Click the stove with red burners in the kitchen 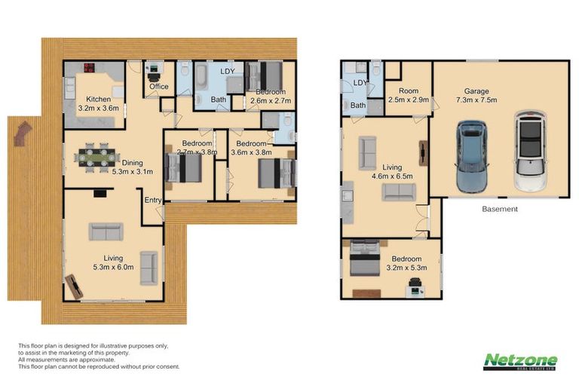87,67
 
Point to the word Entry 154,199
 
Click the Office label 158,87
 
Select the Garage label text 478,89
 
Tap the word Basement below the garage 499,209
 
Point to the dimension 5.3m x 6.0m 113,267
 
